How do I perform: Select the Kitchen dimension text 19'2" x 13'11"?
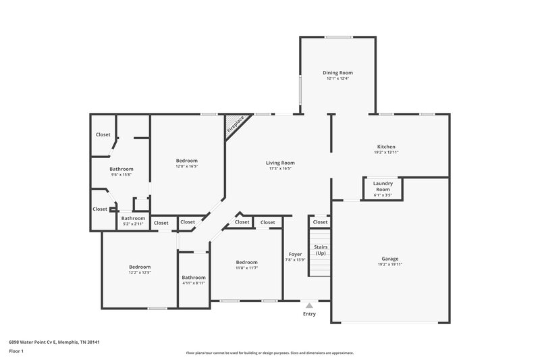pos(386,153)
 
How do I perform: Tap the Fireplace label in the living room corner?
pos(236,124)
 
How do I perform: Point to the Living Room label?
pos(279,163)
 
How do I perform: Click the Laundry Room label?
pos(383,186)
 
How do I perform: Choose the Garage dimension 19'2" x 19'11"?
pos(389,265)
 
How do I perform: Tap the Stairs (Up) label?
pos(320,250)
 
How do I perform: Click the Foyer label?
pos(296,254)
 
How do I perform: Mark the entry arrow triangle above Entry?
pos(309,305)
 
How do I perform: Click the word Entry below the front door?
pos(309,314)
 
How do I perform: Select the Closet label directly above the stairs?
pos(320,222)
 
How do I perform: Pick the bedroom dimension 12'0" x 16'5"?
pos(187,166)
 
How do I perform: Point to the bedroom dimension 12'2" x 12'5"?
pos(140,273)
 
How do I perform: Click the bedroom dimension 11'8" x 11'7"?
pos(246,268)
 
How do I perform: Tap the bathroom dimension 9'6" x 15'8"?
pos(122,175)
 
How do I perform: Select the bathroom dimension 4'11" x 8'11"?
pos(193,283)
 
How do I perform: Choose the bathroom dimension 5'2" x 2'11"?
pos(133,224)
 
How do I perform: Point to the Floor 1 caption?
pos(17,352)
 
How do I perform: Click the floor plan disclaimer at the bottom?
pos(269,353)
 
